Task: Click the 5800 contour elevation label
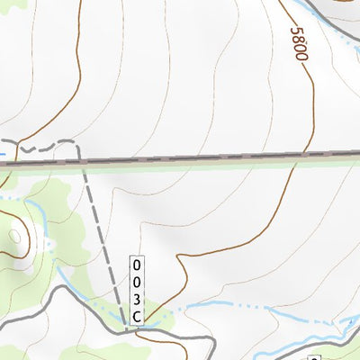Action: pos(299,43)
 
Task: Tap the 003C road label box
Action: pos(137,291)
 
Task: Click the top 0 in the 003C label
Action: pos(137,266)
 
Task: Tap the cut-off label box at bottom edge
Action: pos(314,357)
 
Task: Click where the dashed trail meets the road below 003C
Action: pos(137,329)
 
